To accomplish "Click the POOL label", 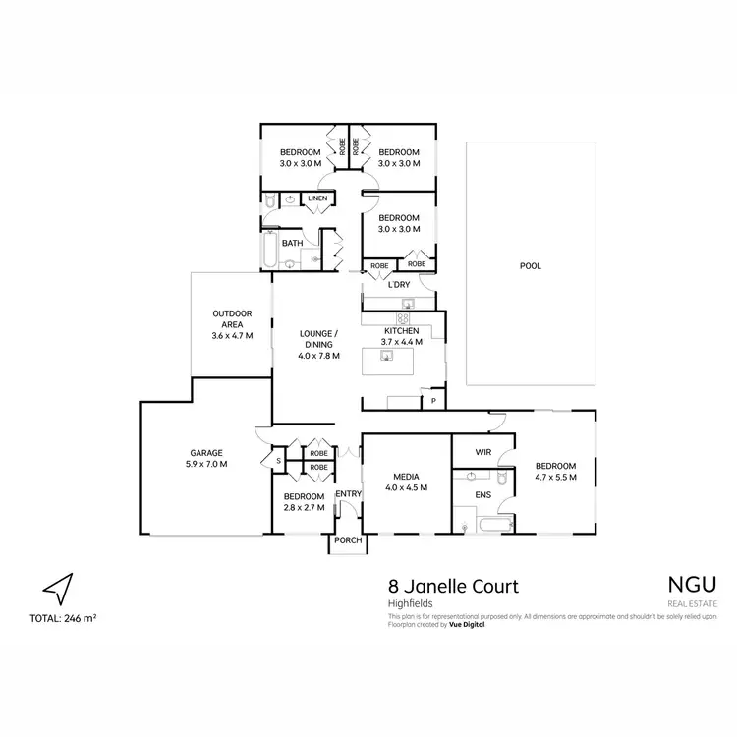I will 531,265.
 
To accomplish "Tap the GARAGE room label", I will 205,454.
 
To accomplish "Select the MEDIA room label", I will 406,476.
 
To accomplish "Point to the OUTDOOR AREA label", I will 232,314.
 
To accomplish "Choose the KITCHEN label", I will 403,331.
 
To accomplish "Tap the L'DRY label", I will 398,285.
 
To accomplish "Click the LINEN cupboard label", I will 316,199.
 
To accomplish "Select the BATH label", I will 292,243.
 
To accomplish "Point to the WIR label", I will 482,452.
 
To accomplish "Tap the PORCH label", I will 348,539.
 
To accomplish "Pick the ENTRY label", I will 349,494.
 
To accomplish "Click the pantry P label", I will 432,401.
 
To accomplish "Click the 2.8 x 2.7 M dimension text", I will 305,507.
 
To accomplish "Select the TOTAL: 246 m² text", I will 63,618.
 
